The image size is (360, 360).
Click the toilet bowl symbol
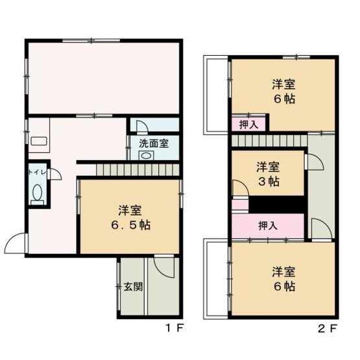pos(38,193)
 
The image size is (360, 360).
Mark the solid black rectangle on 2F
pos(277,203)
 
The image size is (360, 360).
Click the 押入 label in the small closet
pos(247,123)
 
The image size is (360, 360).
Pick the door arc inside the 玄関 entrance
pos(165,267)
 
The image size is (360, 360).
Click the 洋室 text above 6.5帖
pos(128,210)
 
